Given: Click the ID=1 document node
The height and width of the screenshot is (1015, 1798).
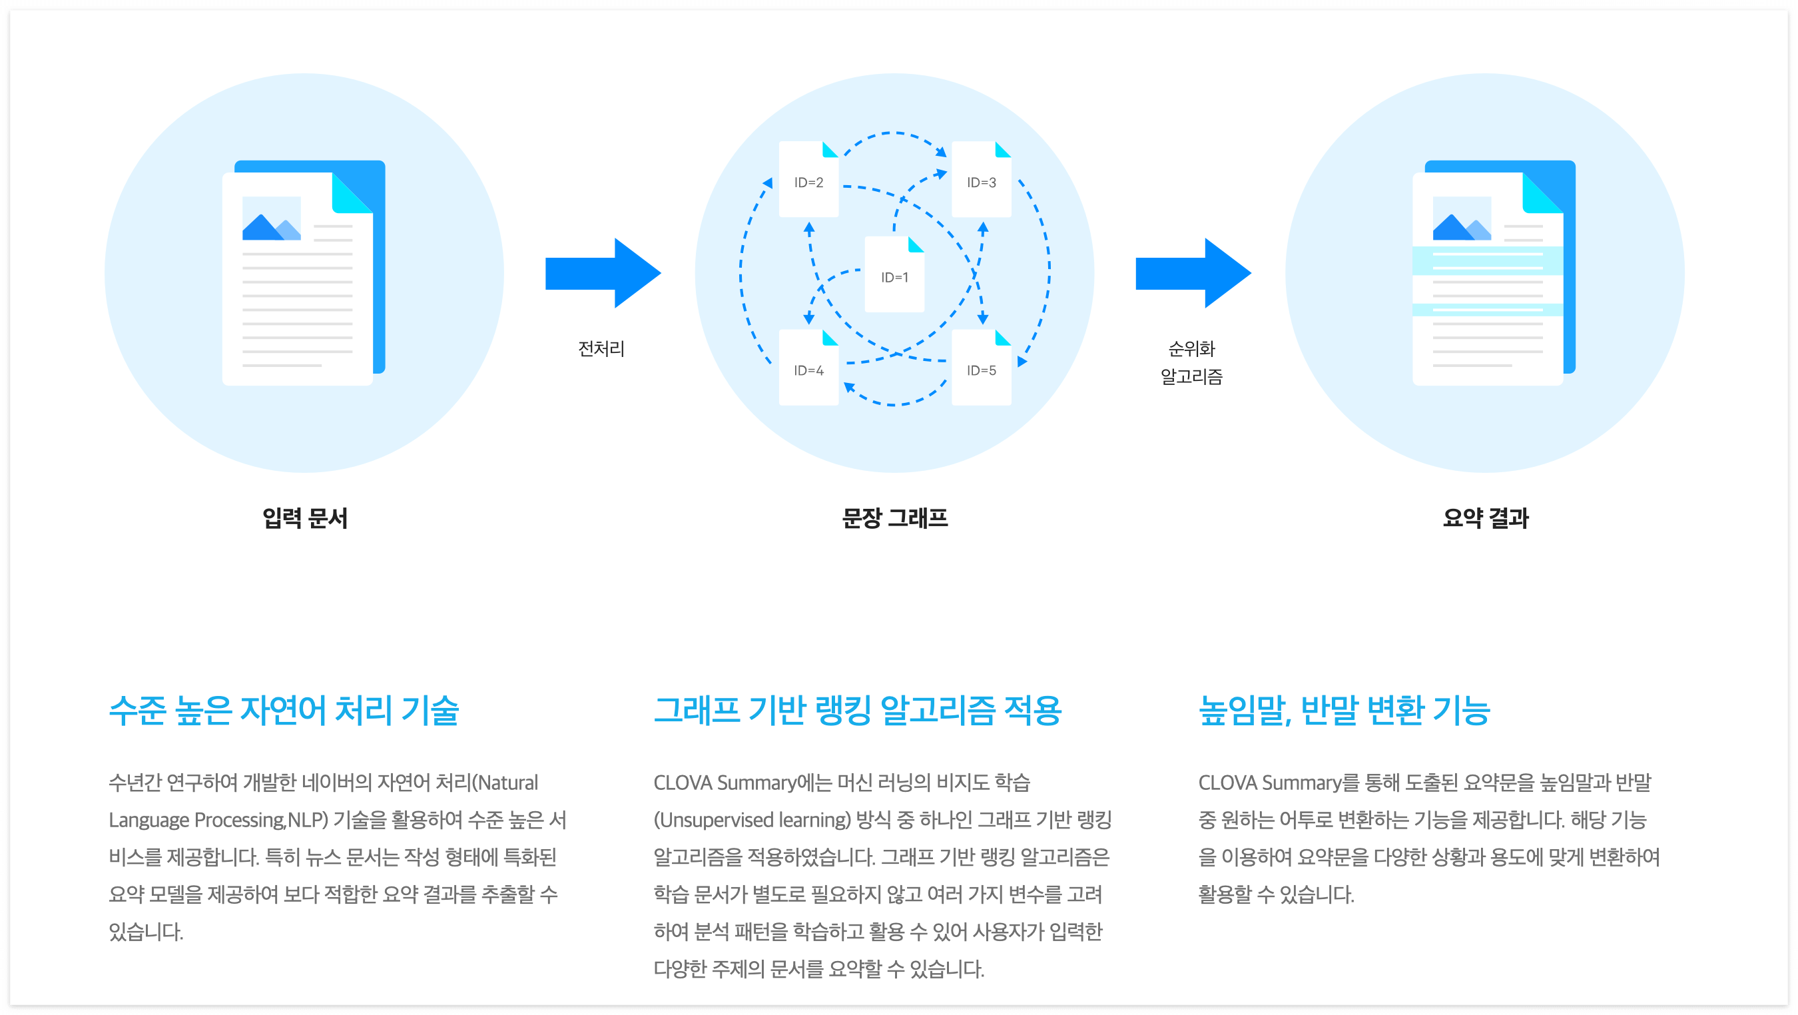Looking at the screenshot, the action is point(894,275).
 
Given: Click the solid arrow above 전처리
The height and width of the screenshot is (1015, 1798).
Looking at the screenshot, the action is point(601,272).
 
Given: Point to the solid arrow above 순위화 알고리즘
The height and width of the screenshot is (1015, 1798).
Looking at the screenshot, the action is point(1192,272).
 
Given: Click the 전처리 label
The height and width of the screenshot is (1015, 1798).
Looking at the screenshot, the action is point(601,348).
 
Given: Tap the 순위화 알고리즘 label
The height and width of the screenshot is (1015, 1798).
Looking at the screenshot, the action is point(1191,362).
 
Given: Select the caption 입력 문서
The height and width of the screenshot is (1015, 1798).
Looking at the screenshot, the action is point(304,518).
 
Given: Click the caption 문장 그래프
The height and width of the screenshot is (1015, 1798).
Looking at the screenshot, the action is point(894,518).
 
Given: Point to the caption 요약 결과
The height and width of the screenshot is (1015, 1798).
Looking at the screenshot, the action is point(1485,518).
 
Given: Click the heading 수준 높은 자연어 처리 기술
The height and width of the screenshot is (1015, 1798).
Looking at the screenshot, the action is point(284,710).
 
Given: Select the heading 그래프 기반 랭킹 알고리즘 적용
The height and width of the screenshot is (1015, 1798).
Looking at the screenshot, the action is point(857,710).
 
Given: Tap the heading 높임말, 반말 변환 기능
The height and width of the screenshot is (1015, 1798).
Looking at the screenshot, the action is point(1344,710).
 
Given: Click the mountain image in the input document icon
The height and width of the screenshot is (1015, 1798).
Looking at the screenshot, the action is point(271,219).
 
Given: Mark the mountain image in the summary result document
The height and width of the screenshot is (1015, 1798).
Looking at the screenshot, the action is point(1462,219).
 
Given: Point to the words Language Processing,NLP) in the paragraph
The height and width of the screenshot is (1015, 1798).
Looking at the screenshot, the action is point(218,820).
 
